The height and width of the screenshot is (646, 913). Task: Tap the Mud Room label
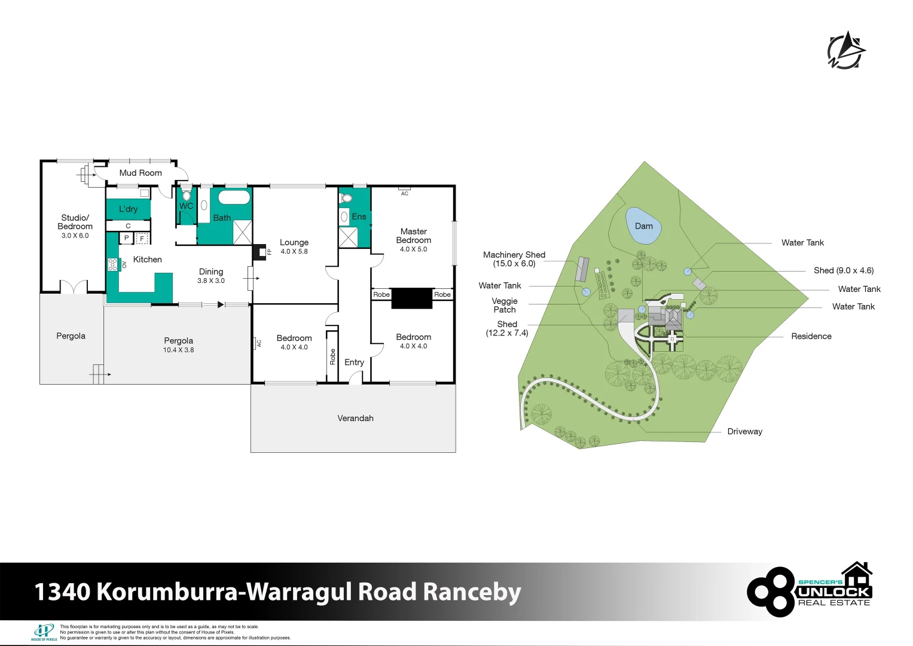tap(141, 173)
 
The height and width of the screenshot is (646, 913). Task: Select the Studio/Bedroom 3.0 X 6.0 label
tap(75, 226)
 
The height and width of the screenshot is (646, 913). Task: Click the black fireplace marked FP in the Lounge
tap(259, 252)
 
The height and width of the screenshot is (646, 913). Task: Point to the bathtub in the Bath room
tap(234, 197)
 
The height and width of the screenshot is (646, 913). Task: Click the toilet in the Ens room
tap(346, 199)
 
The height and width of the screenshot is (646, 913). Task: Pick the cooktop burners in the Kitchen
tap(112, 264)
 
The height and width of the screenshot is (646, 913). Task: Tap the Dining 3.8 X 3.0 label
tap(210, 276)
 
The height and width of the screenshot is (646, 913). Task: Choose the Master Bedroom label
tap(413, 236)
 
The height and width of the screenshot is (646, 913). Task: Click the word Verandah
tap(355, 418)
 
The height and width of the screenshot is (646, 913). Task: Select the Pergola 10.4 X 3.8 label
tap(179, 345)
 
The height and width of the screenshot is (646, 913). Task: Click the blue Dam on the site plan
tap(643, 226)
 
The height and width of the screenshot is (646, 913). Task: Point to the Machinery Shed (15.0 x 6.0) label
tap(514, 259)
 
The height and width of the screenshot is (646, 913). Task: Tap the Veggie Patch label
tap(505, 305)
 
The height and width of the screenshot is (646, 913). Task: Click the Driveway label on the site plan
tap(744, 431)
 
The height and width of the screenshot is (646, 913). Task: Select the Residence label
tap(811, 336)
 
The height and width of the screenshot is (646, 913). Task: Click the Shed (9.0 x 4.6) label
tap(844, 270)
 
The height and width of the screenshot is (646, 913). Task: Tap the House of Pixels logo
tap(44, 632)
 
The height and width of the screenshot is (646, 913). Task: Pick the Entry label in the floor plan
tap(354, 362)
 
